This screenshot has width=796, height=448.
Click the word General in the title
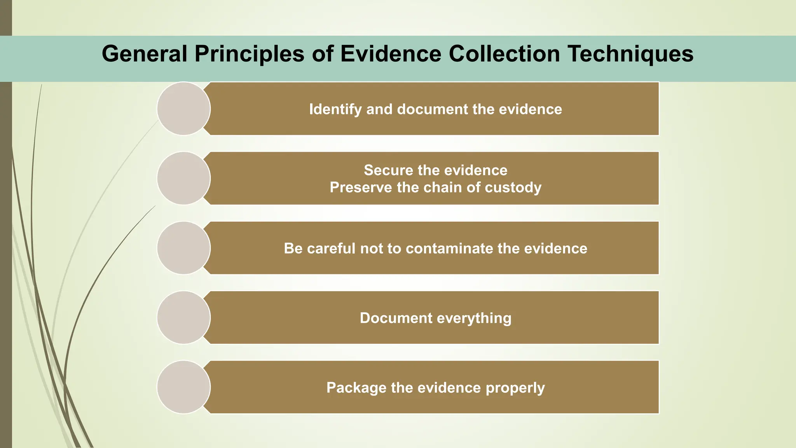point(145,54)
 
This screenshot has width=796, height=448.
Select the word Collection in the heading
point(504,54)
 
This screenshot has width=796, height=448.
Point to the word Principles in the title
point(250,54)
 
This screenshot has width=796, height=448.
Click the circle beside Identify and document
point(184,108)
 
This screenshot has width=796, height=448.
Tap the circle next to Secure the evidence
point(184,178)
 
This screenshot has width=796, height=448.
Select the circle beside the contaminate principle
point(184,248)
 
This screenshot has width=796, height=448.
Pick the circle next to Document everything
point(184,317)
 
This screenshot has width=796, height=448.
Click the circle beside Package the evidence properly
point(184,387)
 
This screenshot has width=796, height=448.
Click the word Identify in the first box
point(335,109)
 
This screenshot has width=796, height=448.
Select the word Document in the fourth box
point(396,318)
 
